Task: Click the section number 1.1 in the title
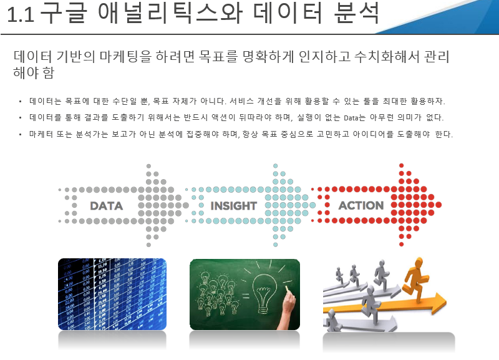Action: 21,14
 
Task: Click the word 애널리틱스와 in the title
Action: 170,13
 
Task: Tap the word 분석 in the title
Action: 356,13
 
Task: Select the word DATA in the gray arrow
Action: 106,206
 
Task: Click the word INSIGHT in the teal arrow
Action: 233,206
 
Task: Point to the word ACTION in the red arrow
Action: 361,206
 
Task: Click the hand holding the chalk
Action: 288,309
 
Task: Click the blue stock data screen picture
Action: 112,294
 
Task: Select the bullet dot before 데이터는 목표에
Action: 21,102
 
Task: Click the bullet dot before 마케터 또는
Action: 21,135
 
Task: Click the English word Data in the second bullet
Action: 351,118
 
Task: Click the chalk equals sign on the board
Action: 246,296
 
